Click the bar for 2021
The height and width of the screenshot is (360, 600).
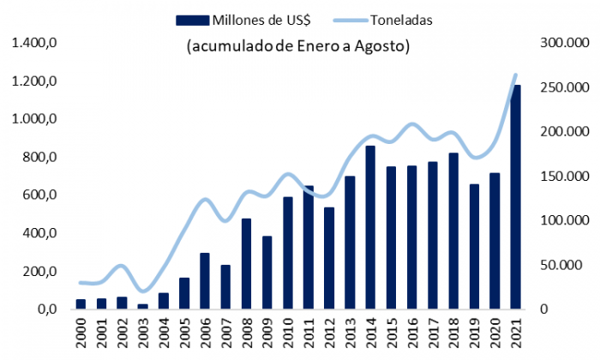pyautogui.click(x=516, y=197)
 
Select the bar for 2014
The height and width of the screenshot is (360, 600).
pyautogui.click(x=370, y=227)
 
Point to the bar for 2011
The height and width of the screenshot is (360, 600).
pyautogui.click(x=309, y=248)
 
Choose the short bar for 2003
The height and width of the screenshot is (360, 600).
pyautogui.click(x=142, y=306)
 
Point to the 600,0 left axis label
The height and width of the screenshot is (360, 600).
pyautogui.click(x=39, y=195)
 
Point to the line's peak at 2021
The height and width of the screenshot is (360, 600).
pyautogui.click(x=516, y=75)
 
